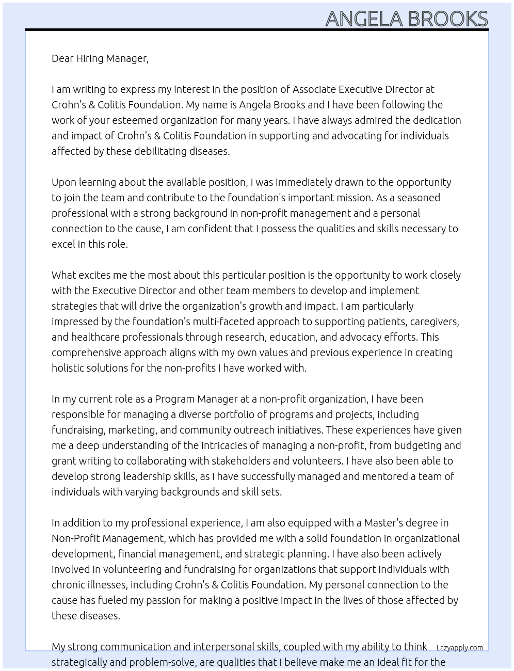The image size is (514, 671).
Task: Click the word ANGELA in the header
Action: [x=364, y=19]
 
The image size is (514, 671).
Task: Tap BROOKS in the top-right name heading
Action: [x=447, y=19]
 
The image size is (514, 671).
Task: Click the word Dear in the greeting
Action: [x=62, y=58]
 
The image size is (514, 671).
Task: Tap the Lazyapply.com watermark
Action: [x=460, y=648]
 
